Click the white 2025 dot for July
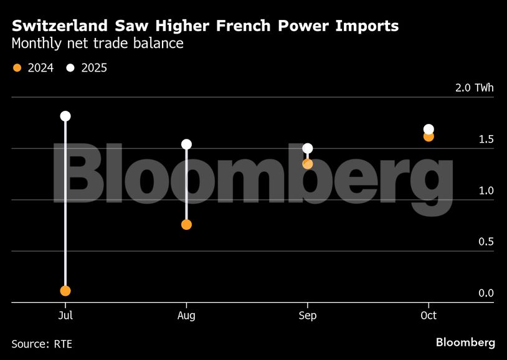coord(65,116)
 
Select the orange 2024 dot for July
coord(65,291)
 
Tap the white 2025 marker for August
coord(186,144)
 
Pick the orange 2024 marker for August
coord(186,225)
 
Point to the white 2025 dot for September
coord(307,148)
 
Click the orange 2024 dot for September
coord(307,164)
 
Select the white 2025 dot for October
coord(429,130)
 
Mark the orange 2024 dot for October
coord(429,137)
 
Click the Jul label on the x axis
coord(65,316)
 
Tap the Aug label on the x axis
coord(186,316)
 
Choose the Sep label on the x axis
coord(307,316)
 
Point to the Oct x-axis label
coord(429,316)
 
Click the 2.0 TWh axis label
coord(474,88)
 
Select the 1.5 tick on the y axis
coord(486,139)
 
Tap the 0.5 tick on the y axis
coord(486,242)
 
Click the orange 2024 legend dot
coord(17,68)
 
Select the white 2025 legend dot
coord(70,68)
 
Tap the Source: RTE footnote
coord(42,343)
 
